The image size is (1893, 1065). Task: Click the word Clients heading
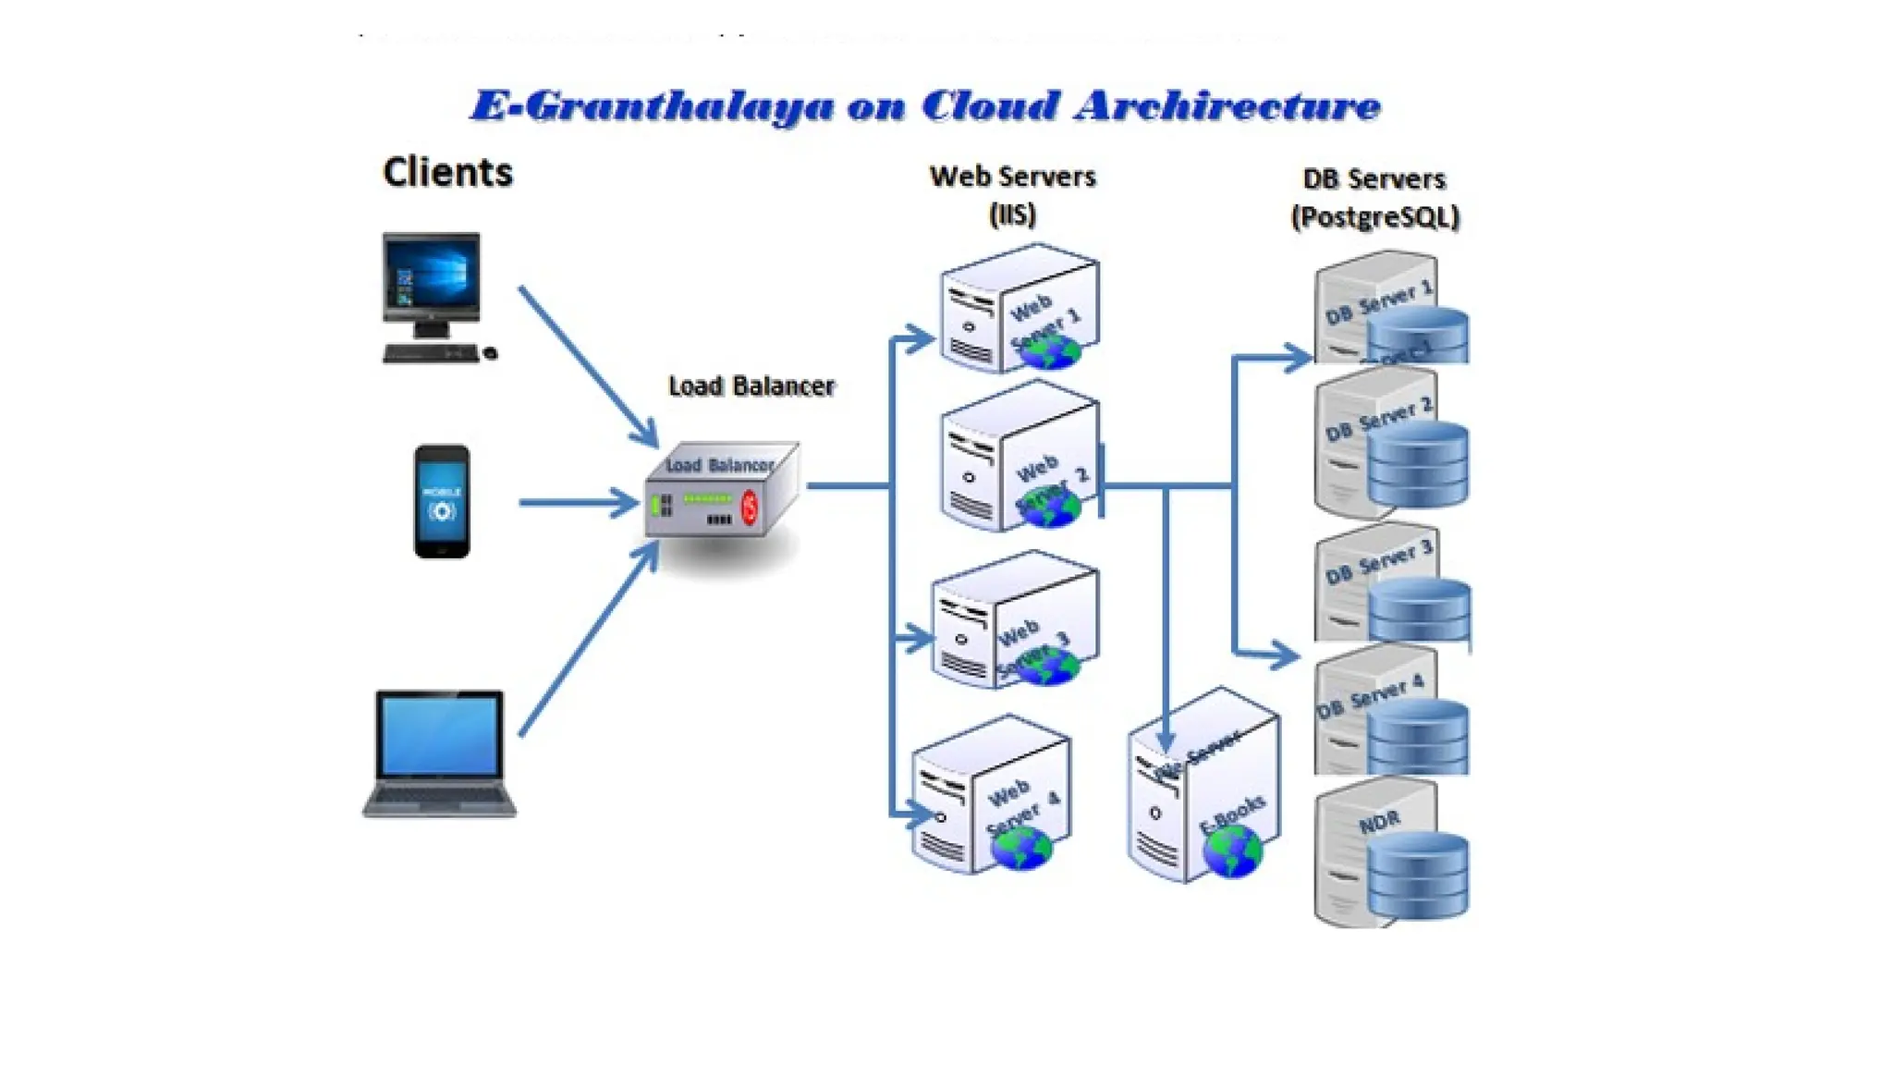click(x=447, y=173)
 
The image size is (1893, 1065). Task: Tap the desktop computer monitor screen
click(x=432, y=275)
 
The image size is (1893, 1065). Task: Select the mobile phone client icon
click(x=442, y=501)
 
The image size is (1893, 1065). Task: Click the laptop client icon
click(x=439, y=753)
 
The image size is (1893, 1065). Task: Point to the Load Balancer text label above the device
click(x=751, y=386)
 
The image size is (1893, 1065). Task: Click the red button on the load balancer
click(x=750, y=508)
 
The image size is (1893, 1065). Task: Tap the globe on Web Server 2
click(x=1048, y=508)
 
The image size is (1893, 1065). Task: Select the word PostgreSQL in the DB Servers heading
click(x=1374, y=217)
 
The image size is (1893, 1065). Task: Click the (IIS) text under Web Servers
click(x=1012, y=214)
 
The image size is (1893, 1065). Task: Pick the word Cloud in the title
click(x=990, y=105)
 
